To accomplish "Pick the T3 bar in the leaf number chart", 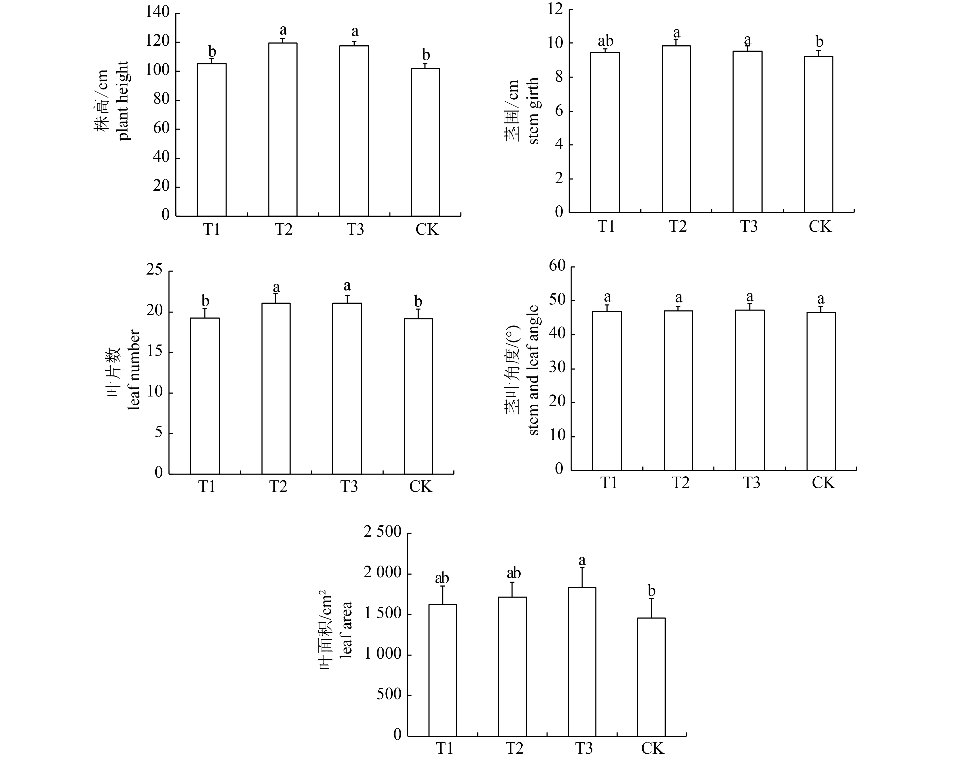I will click(347, 388).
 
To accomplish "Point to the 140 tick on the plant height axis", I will click(158, 12).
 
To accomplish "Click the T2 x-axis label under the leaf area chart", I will click(514, 748).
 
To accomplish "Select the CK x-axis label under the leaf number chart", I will click(420, 486).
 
